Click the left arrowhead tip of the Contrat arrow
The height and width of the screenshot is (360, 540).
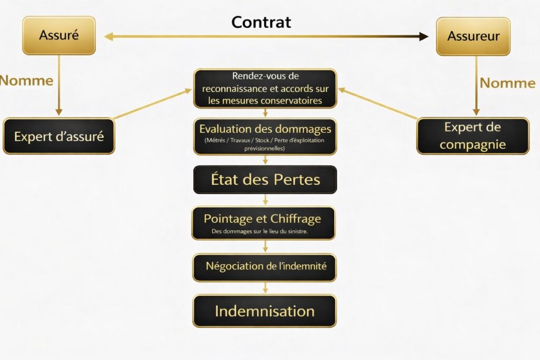(x=104, y=36)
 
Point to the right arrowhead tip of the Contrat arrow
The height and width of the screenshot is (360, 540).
(x=428, y=36)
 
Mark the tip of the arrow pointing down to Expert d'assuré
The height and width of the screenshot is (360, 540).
(x=59, y=115)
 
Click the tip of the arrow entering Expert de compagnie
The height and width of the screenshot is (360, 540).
(x=476, y=115)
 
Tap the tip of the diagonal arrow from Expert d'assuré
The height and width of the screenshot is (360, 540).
(x=191, y=90)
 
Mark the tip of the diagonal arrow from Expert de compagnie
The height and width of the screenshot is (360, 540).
(x=338, y=89)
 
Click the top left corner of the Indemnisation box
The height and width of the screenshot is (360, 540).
(x=193, y=295)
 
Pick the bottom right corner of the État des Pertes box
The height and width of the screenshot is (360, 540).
(x=336, y=193)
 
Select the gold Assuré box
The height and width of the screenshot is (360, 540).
(x=59, y=35)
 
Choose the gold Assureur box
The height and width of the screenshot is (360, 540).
(x=473, y=36)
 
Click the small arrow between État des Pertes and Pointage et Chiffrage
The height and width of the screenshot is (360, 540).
(x=265, y=200)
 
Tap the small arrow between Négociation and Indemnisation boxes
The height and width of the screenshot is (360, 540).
(x=265, y=288)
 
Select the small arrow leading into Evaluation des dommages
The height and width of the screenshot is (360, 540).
(x=265, y=113)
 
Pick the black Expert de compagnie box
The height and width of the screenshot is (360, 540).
(x=473, y=136)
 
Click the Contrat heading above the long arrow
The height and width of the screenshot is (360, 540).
(x=261, y=22)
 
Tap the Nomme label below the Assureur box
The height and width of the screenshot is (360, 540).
(x=508, y=83)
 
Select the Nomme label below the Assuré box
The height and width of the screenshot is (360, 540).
(x=26, y=81)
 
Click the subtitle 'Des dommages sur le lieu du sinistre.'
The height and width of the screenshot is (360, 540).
(x=259, y=231)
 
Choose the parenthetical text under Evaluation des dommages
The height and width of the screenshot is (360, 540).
(x=265, y=144)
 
